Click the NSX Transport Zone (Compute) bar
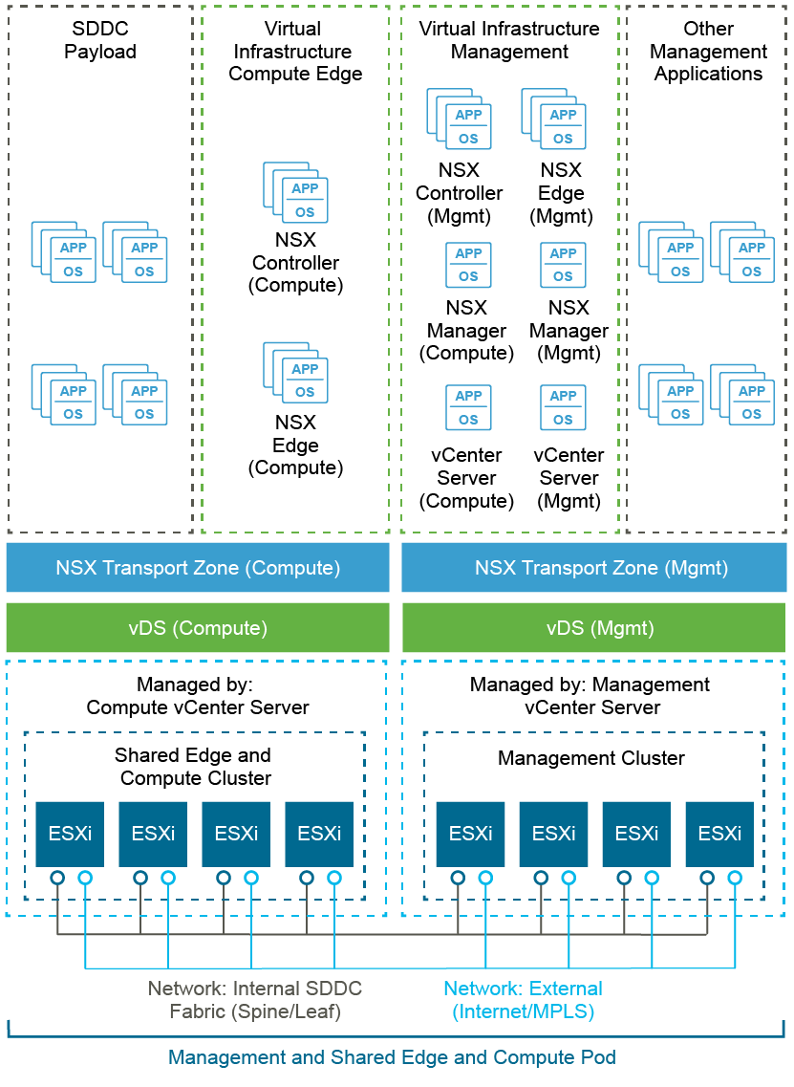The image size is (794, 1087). coord(198,568)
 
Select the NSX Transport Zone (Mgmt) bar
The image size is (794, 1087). coord(593,568)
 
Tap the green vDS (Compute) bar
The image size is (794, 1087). coord(198,628)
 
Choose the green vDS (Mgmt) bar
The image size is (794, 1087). coord(593,628)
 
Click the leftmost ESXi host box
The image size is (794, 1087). coord(70,834)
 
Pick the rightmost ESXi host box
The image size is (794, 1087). coord(719,834)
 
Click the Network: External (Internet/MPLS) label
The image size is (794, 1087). coord(523,1000)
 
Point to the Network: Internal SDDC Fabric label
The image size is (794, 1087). coord(255,1000)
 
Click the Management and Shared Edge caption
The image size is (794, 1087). coord(392,1057)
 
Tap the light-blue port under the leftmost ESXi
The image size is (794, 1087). coord(85,878)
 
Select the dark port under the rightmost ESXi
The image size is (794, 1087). coord(707,878)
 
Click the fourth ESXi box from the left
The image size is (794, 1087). coord(319,834)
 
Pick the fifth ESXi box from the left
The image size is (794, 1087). coord(470,834)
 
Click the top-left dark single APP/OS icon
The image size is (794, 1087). coord(469,265)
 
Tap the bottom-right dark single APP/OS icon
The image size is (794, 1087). coord(563,407)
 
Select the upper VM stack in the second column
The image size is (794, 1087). coord(297,193)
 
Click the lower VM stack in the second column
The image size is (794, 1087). coord(297,374)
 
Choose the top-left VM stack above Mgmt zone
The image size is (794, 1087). coord(462,120)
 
